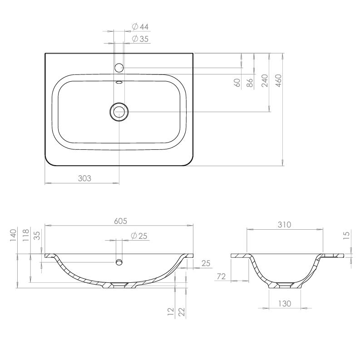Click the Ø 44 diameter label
pyautogui.click(x=140, y=27)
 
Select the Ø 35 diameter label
pyautogui.click(x=140, y=39)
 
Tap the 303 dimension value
pyautogui.click(x=84, y=178)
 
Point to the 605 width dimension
pyautogui.click(x=121, y=221)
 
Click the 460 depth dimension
pyautogui.click(x=278, y=81)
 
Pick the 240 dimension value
pyautogui.click(x=265, y=81)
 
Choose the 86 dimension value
pyautogui.click(x=250, y=83)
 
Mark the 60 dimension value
pyautogui.click(x=237, y=83)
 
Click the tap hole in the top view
pyautogui.click(x=119, y=68)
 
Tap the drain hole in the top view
pyautogui.click(x=119, y=112)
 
